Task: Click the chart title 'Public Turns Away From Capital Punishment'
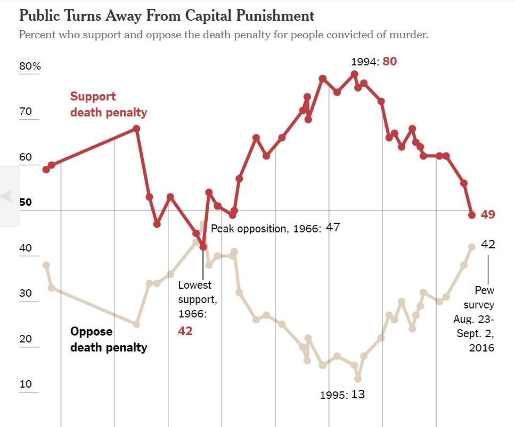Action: point(166,15)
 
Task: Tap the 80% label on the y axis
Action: point(30,66)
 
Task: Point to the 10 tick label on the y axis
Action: point(26,384)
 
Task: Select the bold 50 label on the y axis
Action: point(26,203)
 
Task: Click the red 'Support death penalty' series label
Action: point(108,104)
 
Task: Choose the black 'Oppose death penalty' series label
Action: point(108,339)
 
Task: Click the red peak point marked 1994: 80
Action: point(355,74)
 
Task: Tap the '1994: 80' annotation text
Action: point(373,61)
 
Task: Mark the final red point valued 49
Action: point(472,215)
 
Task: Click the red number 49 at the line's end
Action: point(488,215)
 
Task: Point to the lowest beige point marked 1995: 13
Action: point(358,379)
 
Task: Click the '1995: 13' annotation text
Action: point(342,395)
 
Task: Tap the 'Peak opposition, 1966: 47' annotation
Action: point(275,229)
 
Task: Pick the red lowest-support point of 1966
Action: point(203,247)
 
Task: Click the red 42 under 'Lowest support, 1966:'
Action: point(185,331)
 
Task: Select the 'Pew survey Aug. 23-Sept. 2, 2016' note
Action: point(474,319)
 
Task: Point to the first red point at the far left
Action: point(46,170)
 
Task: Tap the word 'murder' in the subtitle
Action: point(409,35)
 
